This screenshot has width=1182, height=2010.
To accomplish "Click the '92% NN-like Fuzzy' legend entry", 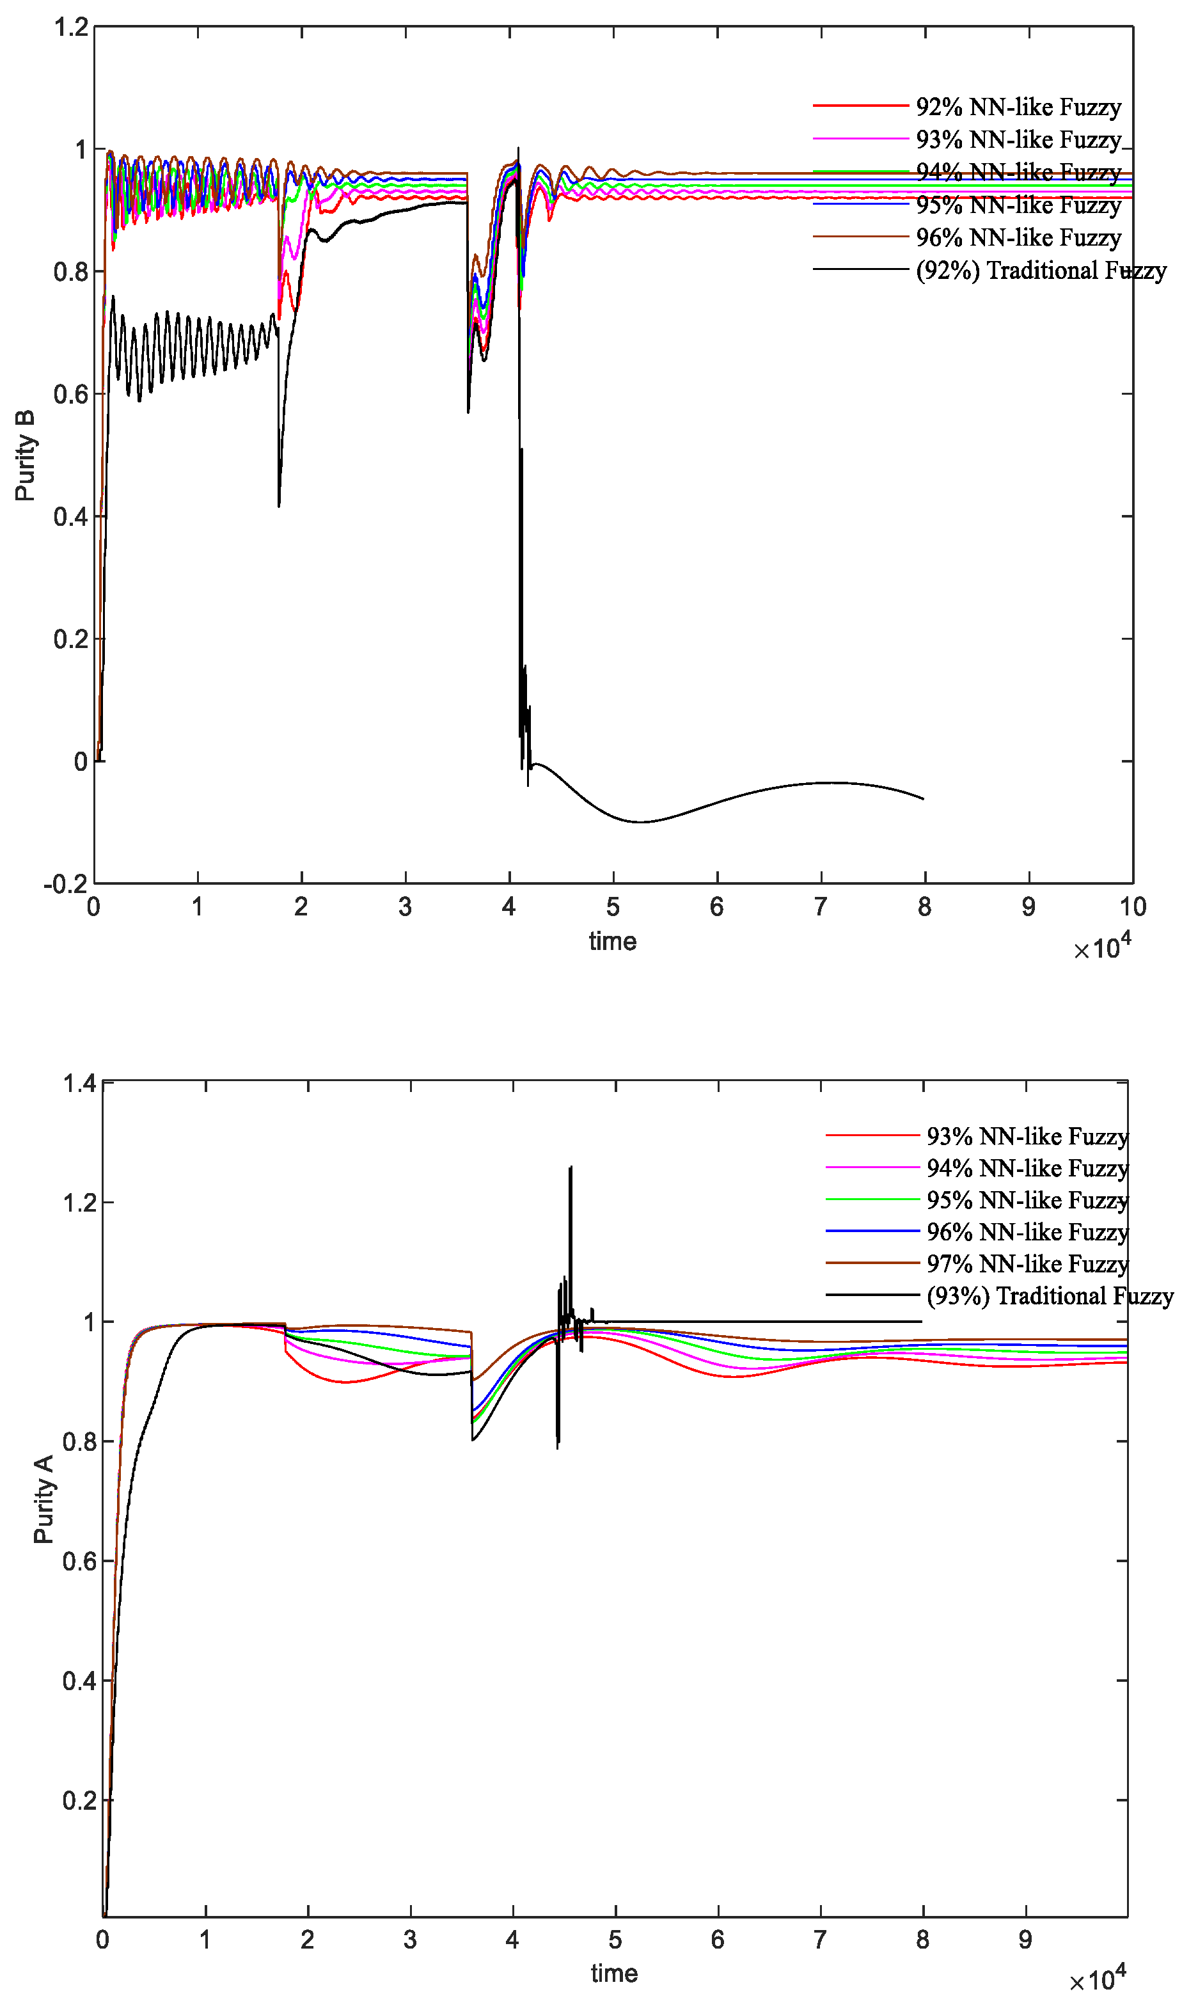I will pyautogui.click(x=1018, y=107).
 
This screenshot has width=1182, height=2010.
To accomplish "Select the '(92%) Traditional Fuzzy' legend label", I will pyautogui.click(x=1041, y=271).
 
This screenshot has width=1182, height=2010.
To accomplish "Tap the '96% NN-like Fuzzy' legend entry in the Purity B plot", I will pyautogui.click(x=1018, y=238).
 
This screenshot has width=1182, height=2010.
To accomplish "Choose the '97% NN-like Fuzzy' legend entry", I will pyautogui.click(x=1027, y=1263).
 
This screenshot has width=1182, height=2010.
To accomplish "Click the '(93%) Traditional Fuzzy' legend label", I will pyautogui.click(x=1050, y=1295).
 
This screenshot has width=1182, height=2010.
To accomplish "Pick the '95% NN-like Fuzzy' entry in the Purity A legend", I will pyautogui.click(x=1027, y=1199).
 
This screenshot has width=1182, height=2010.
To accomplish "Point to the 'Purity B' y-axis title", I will pyautogui.click(x=25, y=455).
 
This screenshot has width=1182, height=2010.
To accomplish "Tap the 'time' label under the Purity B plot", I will pyautogui.click(x=613, y=941).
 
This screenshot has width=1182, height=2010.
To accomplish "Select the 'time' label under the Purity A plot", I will pyautogui.click(x=614, y=1974).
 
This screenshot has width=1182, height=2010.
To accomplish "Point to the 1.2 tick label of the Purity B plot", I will pyautogui.click(x=71, y=27).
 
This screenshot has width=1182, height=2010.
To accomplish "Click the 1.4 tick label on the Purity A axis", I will pyautogui.click(x=80, y=1083).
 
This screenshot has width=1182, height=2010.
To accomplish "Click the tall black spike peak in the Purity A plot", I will pyautogui.click(x=571, y=1167).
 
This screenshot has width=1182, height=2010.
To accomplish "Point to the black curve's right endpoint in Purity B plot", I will pyautogui.click(x=924, y=798).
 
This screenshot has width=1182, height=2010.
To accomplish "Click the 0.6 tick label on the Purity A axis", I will pyautogui.click(x=80, y=1561).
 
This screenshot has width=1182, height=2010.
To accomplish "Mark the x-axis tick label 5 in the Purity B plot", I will pyautogui.click(x=613, y=907).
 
